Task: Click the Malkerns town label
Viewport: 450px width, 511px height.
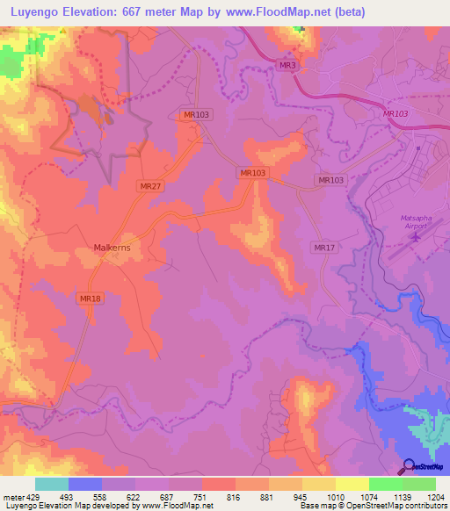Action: pyautogui.click(x=112, y=248)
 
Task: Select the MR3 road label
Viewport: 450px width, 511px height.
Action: pyautogui.click(x=285, y=66)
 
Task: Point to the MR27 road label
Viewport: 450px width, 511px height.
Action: pyautogui.click(x=150, y=186)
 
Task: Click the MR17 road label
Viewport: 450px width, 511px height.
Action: pyautogui.click(x=324, y=248)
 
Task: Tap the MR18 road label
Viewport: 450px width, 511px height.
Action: pyautogui.click(x=91, y=299)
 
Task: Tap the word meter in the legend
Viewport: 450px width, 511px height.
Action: pyautogui.click(x=12, y=496)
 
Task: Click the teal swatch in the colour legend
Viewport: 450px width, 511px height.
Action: pyautogui.click(x=52, y=484)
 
